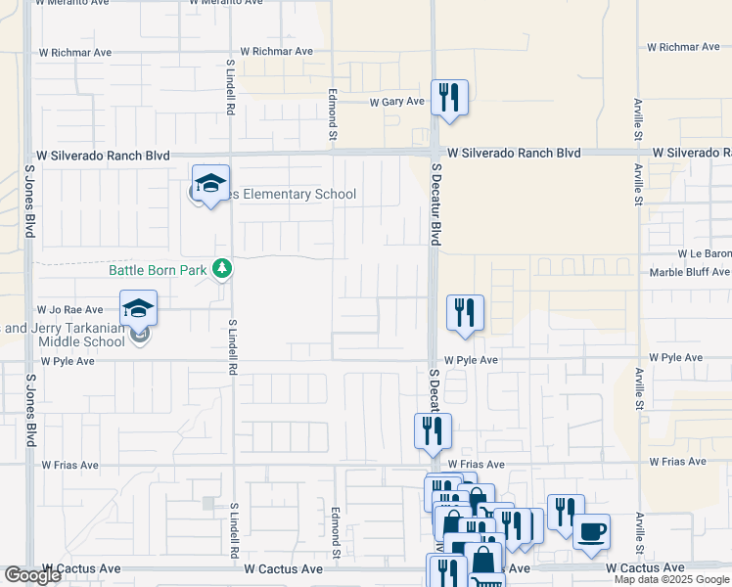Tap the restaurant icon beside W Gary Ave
449,98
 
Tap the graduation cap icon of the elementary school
209,182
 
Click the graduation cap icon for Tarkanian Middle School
138,307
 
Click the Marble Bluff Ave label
690,274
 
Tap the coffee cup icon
591,531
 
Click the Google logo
32,575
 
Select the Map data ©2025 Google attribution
672,579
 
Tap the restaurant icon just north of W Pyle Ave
465,313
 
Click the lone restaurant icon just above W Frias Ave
433,430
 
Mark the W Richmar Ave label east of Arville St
682,47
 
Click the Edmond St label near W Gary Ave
334,110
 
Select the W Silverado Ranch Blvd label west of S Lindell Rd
103,156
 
